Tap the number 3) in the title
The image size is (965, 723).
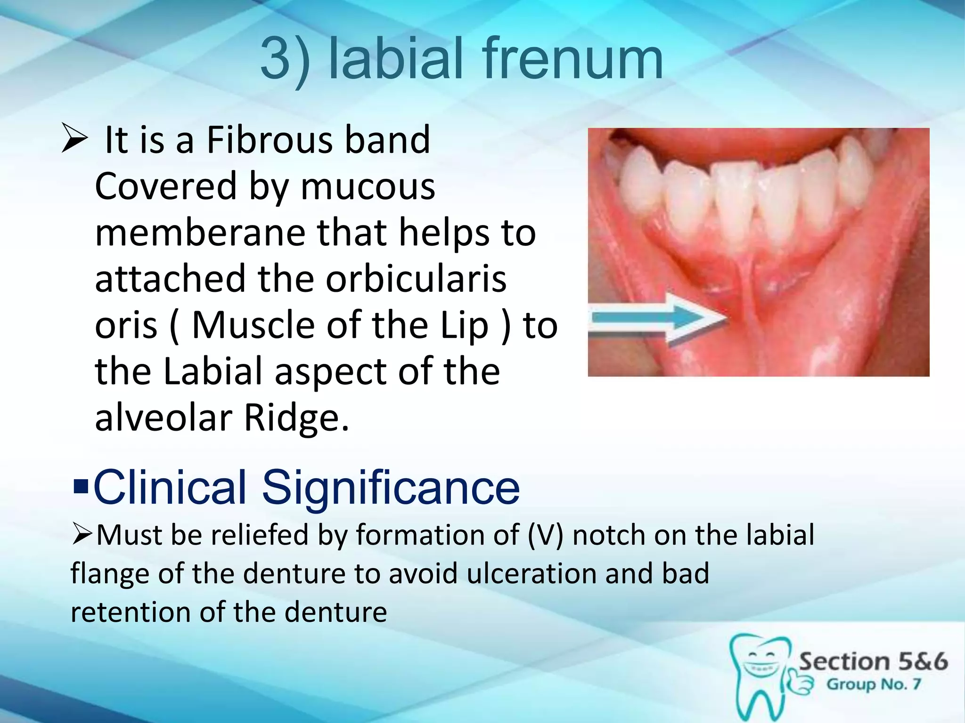pos(285,60)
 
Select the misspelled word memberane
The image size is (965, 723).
pos(200,233)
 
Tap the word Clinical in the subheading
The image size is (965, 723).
pos(170,487)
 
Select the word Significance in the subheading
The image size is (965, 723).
pos(391,487)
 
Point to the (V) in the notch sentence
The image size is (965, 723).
pos(545,535)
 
